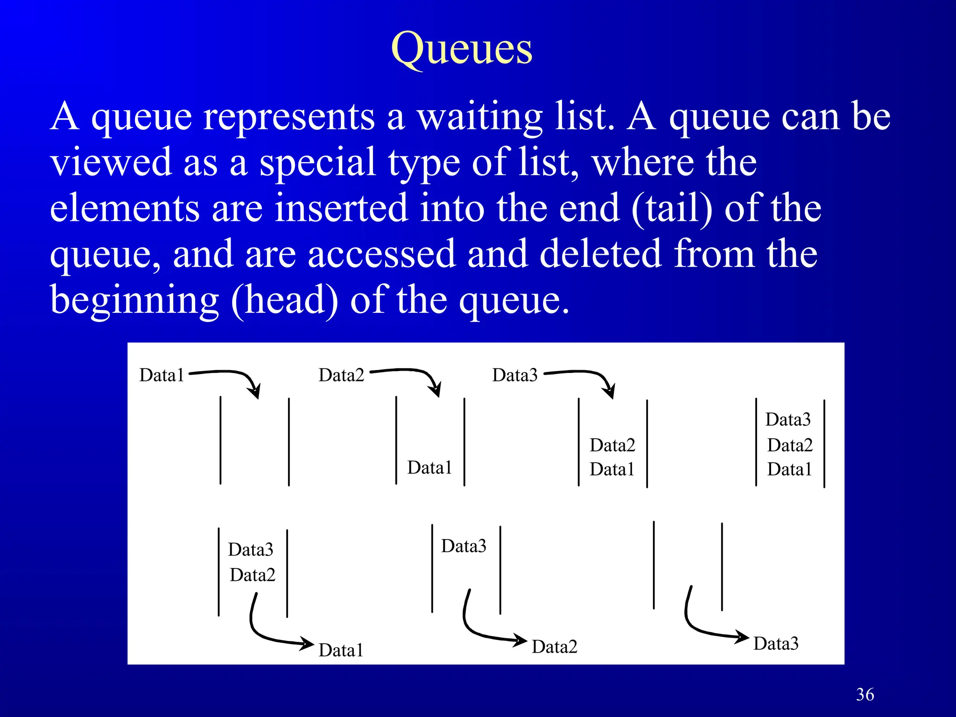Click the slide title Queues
point(461,49)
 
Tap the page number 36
point(865,695)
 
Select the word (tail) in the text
point(672,209)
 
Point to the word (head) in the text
point(284,300)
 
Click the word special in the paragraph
point(317,163)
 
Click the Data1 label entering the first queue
point(162,375)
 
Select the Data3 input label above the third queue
point(515,375)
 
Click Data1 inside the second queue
point(429,468)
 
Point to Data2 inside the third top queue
point(612,445)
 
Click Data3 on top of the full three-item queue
point(788,420)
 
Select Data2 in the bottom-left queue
point(252,575)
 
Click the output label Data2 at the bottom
point(555,647)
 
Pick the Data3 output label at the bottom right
point(776,644)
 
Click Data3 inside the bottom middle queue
point(464,546)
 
